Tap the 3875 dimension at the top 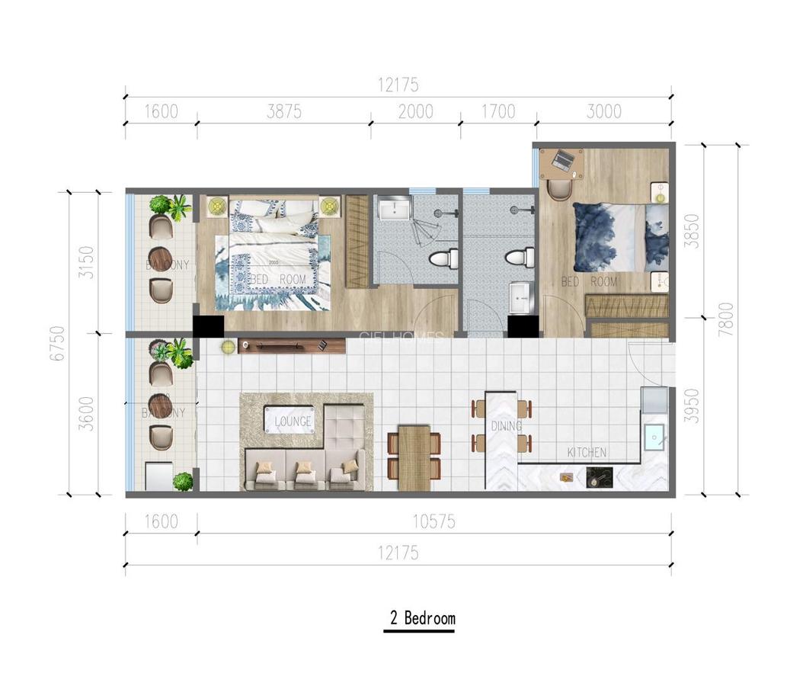pyautogui.click(x=284, y=112)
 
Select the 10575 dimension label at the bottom pyautogui.click(x=433, y=522)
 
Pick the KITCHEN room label pyautogui.click(x=587, y=453)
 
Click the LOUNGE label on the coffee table pyautogui.click(x=293, y=422)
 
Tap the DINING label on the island pyautogui.click(x=506, y=426)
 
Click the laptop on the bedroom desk pyautogui.click(x=563, y=161)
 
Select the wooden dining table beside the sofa pyautogui.click(x=414, y=457)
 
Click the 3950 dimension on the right pyautogui.click(x=690, y=406)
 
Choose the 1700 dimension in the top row pyautogui.click(x=498, y=112)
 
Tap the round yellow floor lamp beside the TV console pyautogui.click(x=228, y=347)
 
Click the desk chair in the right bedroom pyautogui.click(x=559, y=188)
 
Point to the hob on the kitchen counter pyautogui.click(x=598, y=478)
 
